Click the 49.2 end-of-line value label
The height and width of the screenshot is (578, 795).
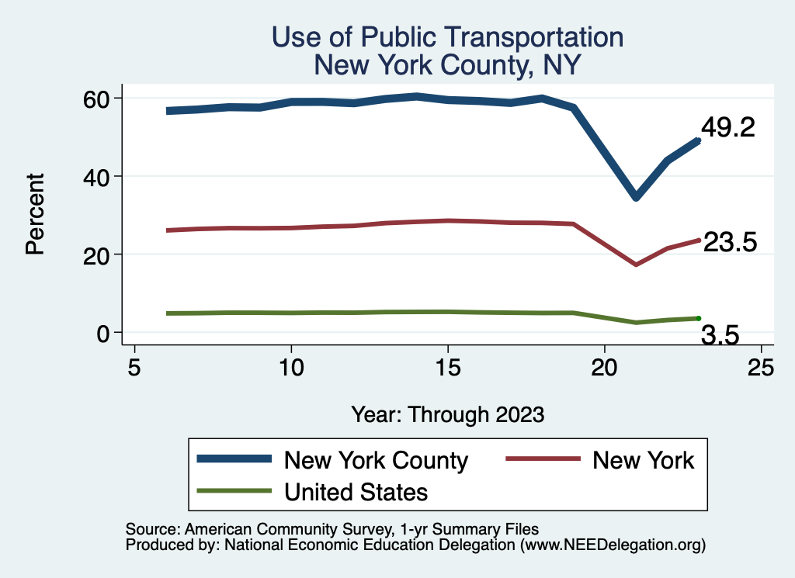(x=727, y=128)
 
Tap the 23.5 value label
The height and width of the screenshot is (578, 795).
(x=729, y=243)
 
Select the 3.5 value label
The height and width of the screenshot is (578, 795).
(x=720, y=335)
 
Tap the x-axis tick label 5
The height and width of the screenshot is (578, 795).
(x=134, y=366)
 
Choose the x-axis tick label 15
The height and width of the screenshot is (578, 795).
(x=447, y=366)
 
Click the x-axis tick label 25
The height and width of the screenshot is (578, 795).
(x=761, y=366)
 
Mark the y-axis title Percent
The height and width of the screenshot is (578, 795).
(x=34, y=214)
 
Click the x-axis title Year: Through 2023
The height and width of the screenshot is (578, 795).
(x=447, y=414)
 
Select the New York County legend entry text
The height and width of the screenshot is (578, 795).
(x=376, y=460)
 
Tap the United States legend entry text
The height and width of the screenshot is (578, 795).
(x=356, y=491)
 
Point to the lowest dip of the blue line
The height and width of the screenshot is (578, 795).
(x=636, y=197)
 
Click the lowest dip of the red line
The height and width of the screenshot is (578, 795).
(x=636, y=265)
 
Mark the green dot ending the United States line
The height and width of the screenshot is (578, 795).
(x=699, y=318)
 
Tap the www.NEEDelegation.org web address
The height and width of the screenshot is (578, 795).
(x=613, y=545)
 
